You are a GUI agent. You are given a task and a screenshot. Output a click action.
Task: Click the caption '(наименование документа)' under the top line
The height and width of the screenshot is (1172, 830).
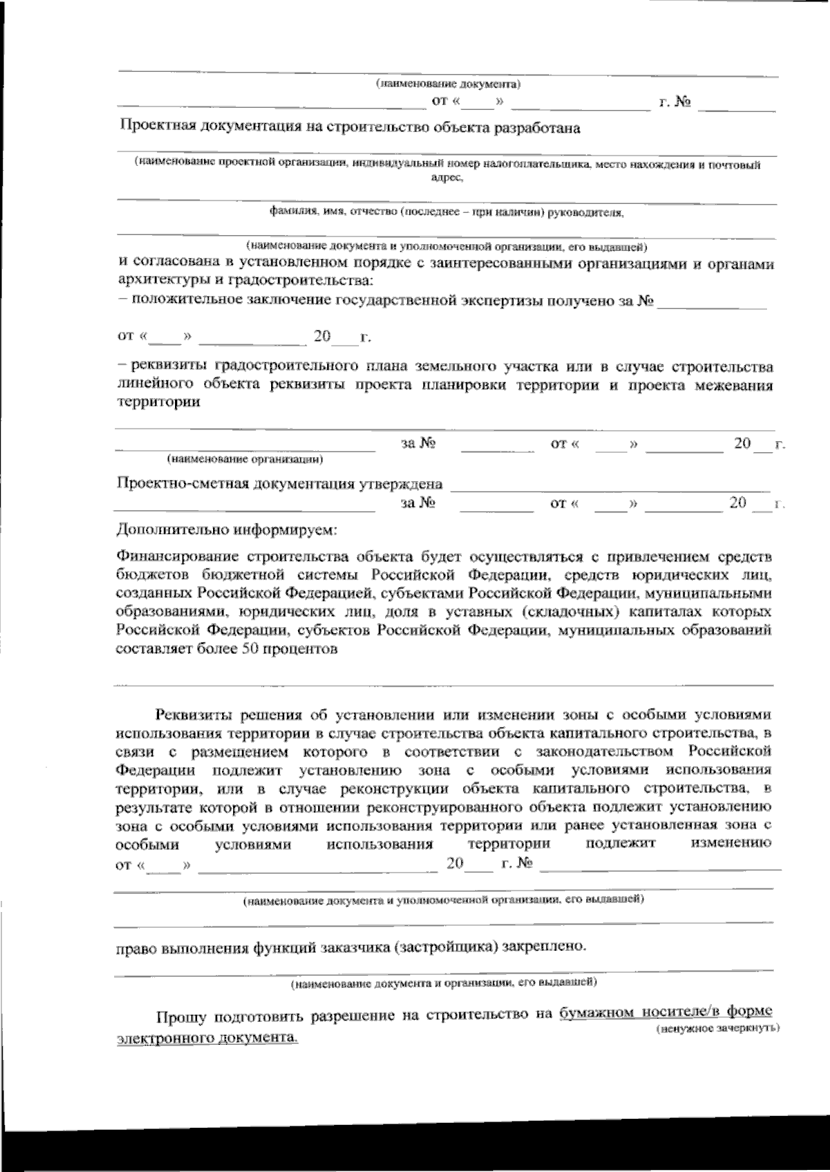click(448, 85)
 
